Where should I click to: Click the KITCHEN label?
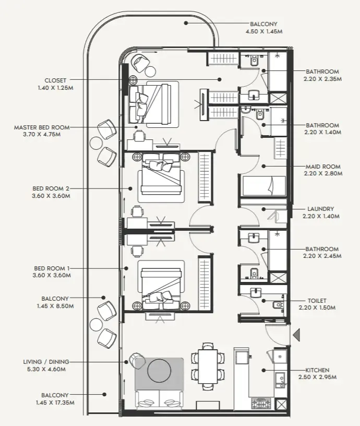click(317, 370)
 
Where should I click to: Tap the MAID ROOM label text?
click(323, 167)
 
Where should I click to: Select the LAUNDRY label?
click(321, 209)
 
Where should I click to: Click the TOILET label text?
click(317, 301)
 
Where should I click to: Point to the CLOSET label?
click(55, 80)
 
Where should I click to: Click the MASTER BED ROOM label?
click(42, 127)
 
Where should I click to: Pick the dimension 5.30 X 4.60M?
click(46, 369)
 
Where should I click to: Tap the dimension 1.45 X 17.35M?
click(55, 403)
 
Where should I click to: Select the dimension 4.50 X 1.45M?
click(264, 31)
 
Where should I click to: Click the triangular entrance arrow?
click(297, 335)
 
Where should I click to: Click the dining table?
click(208, 366)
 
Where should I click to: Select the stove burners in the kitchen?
click(261, 404)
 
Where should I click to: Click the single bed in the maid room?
click(264, 186)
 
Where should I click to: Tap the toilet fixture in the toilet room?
click(278, 305)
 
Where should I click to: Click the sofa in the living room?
click(159, 400)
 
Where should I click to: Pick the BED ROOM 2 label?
click(51, 188)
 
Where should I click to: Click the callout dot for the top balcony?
click(186, 23)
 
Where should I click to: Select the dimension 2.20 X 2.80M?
click(323, 174)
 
